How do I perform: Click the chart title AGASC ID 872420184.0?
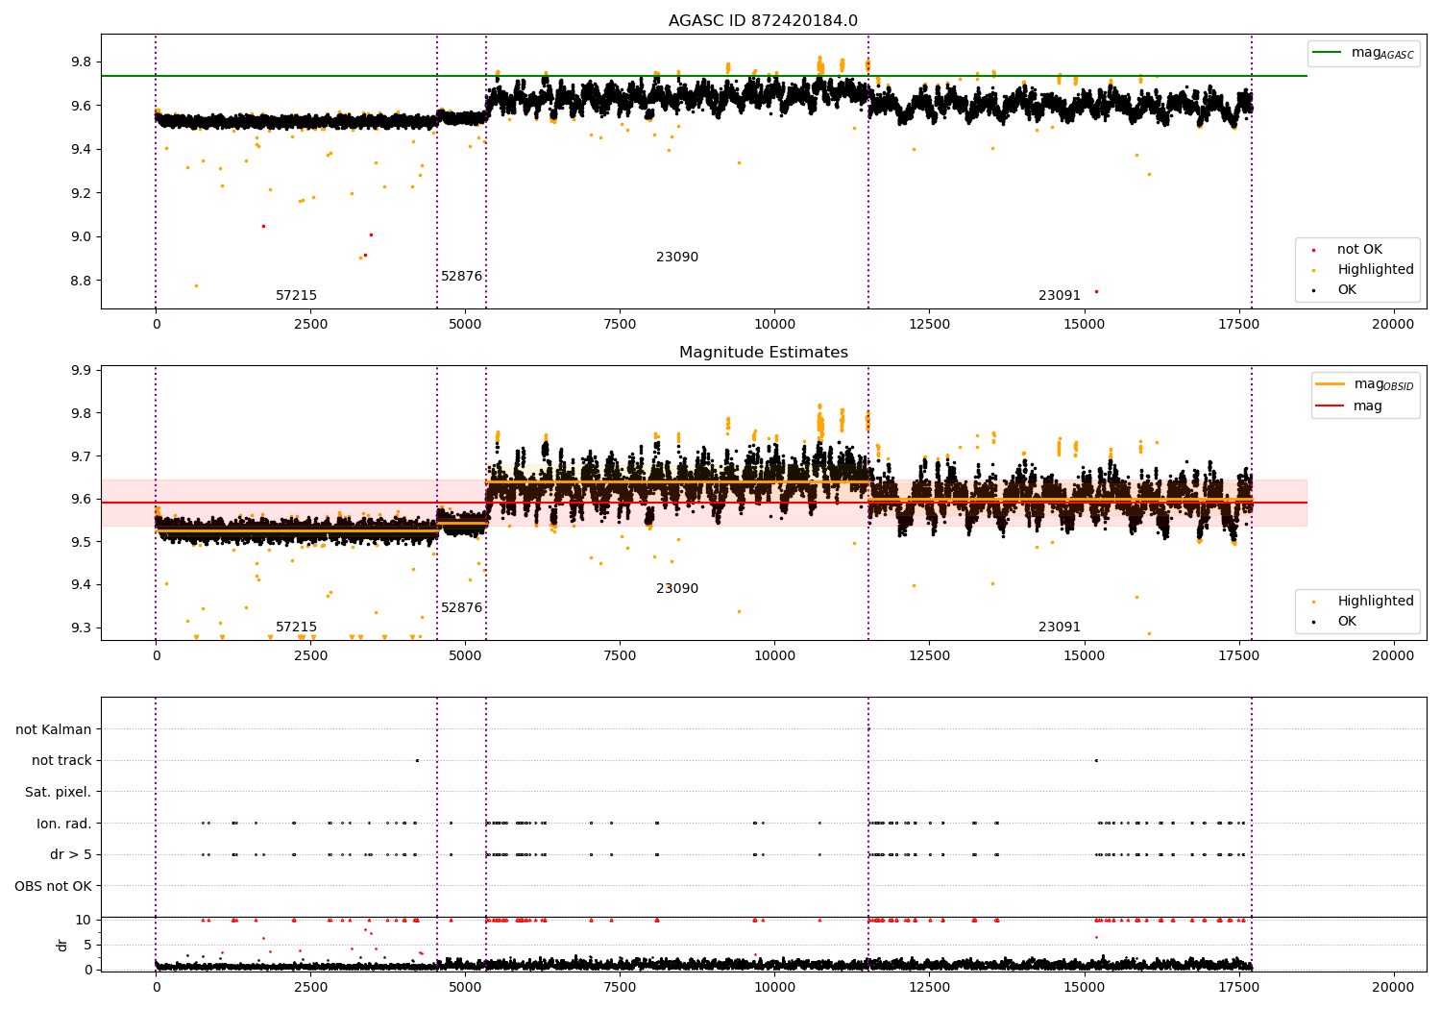point(763,21)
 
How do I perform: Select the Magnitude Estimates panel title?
point(763,353)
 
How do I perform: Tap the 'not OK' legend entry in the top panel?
point(1359,250)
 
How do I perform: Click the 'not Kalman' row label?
point(54,729)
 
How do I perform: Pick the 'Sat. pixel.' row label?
point(59,792)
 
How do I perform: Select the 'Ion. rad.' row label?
point(64,824)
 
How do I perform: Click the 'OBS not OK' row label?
point(54,886)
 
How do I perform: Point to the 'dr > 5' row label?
point(71,854)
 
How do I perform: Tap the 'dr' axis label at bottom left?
point(62,945)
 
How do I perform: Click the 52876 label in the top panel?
point(461,277)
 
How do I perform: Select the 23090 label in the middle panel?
point(677,588)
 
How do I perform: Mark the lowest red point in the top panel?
point(1096,291)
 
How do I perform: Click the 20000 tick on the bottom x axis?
point(1393,987)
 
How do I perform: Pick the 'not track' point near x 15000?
point(1096,760)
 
